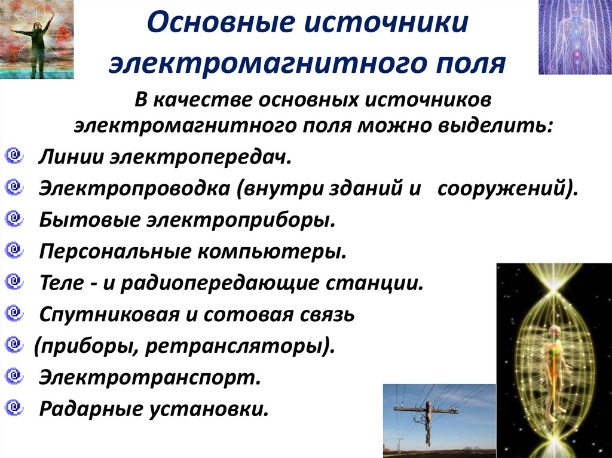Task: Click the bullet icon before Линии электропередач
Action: pyautogui.click(x=13, y=156)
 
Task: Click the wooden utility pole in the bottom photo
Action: pyautogui.click(x=428, y=420)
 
